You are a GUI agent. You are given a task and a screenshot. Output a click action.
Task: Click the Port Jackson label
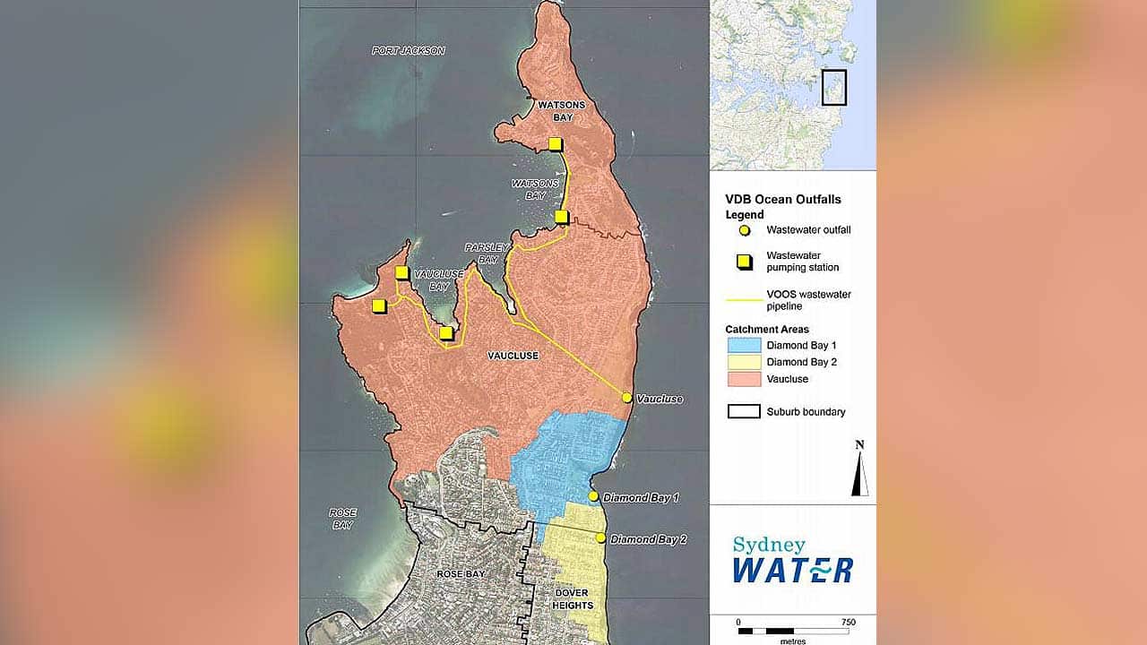pyautogui.click(x=409, y=51)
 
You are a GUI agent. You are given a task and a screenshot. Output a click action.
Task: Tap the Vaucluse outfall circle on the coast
pyautogui.click(x=627, y=398)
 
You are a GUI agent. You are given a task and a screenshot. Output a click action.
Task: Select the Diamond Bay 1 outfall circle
pyautogui.click(x=593, y=496)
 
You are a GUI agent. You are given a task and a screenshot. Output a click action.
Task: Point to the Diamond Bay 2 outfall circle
pyautogui.click(x=600, y=538)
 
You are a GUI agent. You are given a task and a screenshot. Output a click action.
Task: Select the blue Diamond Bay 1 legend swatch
pyautogui.click(x=743, y=345)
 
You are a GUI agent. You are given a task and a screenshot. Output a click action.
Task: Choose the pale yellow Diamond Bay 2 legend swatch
pyautogui.click(x=743, y=362)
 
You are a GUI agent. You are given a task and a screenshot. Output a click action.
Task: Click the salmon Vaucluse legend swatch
pyautogui.click(x=743, y=379)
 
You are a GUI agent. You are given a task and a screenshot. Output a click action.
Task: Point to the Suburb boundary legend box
pyautogui.click(x=743, y=412)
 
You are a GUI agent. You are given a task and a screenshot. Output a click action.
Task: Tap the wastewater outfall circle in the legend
pyautogui.click(x=744, y=230)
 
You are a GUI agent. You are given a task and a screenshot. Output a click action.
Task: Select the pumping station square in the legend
pyautogui.click(x=744, y=262)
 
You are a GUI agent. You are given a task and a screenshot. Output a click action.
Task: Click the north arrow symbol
pyautogui.click(x=859, y=473)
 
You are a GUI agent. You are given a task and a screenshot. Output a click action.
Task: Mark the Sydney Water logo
pyautogui.click(x=792, y=560)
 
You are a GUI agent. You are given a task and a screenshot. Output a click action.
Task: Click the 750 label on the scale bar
pyautogui.click(x=848, y=622)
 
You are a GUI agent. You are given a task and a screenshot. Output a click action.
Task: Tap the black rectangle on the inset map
pyautogui.click(x=834, y=87)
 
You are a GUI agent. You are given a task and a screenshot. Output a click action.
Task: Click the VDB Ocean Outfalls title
pyautogui.click(x=782, y=200)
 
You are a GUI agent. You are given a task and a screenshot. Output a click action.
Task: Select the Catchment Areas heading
pyautogui.click(x=766, y=330)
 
